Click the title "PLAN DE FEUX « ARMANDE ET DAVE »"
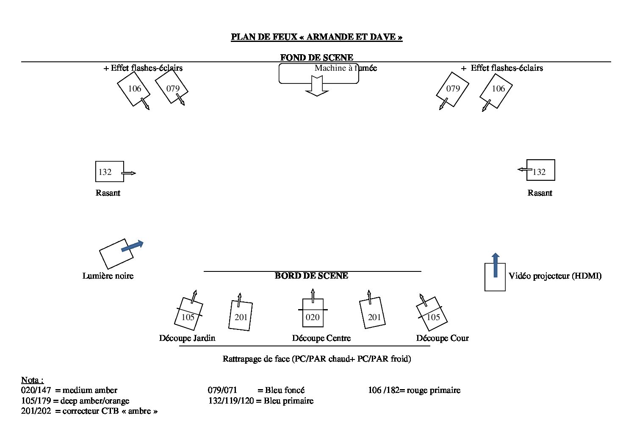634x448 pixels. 317,37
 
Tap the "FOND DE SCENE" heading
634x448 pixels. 317,58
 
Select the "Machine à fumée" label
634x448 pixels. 346,68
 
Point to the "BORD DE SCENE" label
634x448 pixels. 311,276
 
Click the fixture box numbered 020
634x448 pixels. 313,313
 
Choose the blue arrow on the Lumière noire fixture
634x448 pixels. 133,246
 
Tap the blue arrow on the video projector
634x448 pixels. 496,265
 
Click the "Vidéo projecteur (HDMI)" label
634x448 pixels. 555,276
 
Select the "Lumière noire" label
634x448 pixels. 108,276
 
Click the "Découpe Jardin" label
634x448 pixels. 187,338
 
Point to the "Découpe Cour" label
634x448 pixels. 443,338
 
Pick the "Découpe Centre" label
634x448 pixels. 321,338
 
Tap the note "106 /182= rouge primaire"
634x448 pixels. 414,390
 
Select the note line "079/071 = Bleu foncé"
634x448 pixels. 256,390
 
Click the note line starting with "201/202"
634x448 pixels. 89,411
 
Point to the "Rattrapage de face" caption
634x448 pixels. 317,359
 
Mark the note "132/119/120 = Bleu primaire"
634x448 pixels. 261,401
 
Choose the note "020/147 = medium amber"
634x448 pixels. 69,390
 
